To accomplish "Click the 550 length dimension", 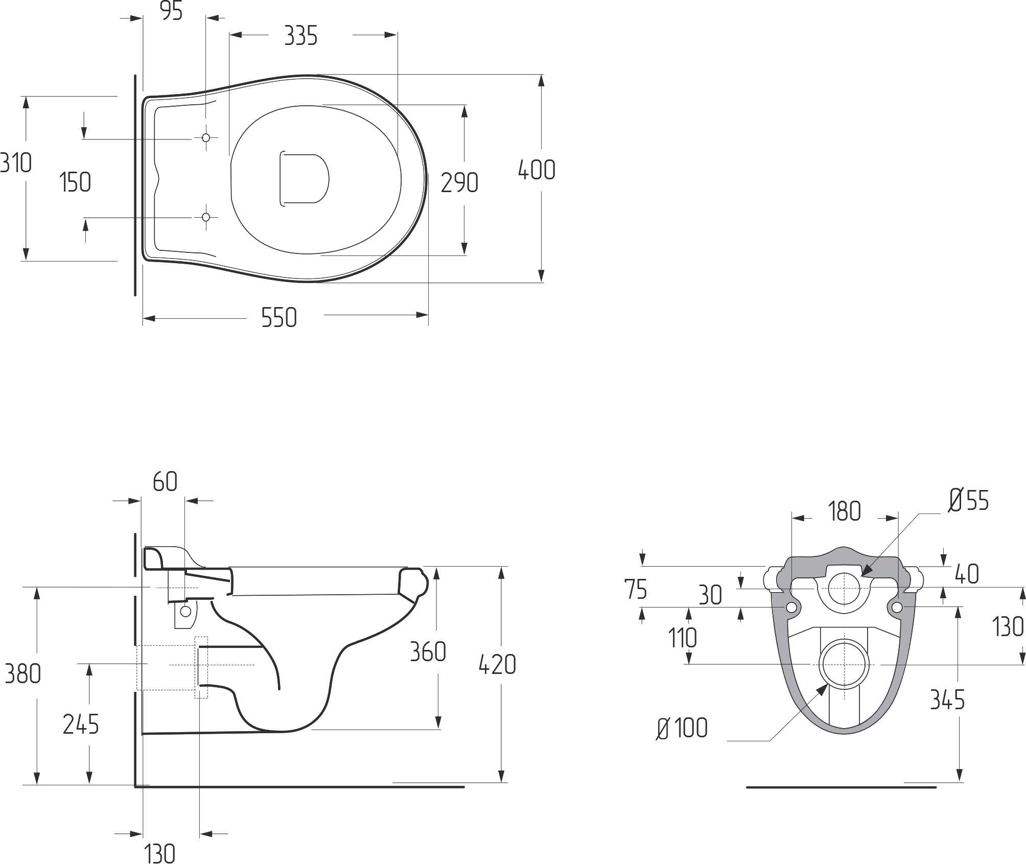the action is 279,318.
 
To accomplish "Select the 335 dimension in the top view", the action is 301,36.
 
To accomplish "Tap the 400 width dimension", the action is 537,170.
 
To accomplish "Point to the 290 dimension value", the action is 459,183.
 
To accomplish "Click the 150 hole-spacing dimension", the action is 75,182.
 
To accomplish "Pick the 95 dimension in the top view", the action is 172,11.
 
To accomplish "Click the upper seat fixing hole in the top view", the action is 206,138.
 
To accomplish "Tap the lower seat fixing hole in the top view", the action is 206,217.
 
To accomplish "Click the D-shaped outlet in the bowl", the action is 304,179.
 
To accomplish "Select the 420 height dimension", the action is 497,665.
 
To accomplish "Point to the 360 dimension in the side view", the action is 428,651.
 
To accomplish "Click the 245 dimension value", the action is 81,725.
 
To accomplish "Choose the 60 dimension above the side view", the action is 165,482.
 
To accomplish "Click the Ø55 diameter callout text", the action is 969,500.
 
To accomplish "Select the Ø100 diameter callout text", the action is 682,729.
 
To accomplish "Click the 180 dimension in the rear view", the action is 845,511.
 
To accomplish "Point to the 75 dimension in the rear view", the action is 636,589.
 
